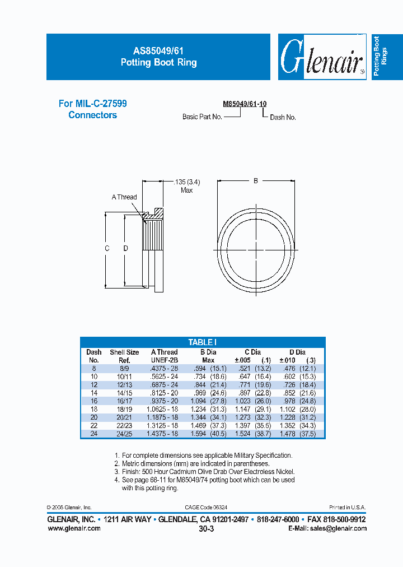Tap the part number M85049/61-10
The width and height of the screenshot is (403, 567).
click(245, 104)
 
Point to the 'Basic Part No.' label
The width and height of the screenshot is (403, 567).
click(202, 117)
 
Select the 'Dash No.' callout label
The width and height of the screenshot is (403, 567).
click(283, 118)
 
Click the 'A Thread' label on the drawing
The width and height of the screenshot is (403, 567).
click(124, 197)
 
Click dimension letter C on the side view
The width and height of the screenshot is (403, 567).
click(106, 248)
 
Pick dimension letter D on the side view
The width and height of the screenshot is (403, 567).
click(125, 248)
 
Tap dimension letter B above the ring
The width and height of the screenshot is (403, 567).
click(256, 181)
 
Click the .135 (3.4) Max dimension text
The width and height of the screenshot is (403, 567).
click(187, 186)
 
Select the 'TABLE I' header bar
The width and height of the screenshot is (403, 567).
click(203, 342)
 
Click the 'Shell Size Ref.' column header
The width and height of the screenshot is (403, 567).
click(124, 356)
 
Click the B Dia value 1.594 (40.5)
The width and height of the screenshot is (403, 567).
click(205, 433)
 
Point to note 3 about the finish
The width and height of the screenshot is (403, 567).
click(204, 472)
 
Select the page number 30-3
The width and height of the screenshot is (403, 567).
click(207, 529)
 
